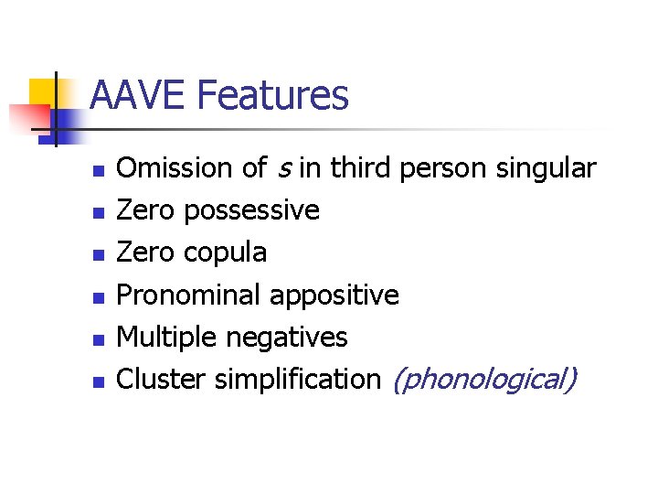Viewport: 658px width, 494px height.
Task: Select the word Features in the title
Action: pyautogui.click(x=272, y=95)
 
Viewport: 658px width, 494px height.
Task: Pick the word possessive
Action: pyautogui.click(x=251, y=211)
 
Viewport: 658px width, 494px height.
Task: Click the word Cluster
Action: pyautogui.click(x=162, y=379)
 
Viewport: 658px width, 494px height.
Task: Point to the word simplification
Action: pyautogui.click(x=297, y=379)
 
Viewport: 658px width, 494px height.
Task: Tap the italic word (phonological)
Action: pyautogui.click(x=483, y=379)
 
